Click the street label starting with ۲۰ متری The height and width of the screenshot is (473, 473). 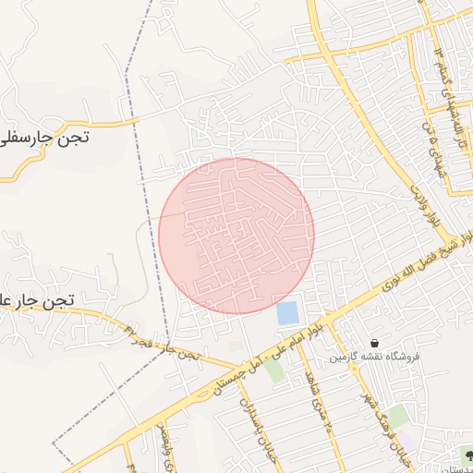314,403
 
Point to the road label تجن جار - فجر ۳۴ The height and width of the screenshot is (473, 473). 148,341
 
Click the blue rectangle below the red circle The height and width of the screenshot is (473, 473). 287,312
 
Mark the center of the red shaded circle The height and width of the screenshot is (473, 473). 236,236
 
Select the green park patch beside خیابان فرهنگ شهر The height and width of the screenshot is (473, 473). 398,417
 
